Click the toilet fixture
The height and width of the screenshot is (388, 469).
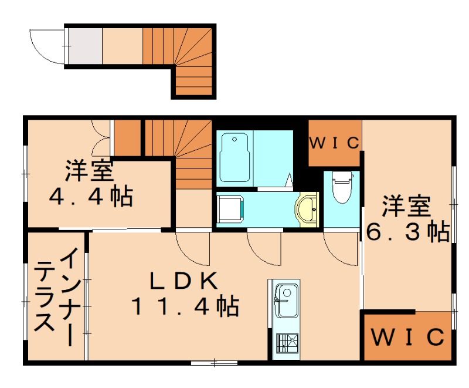tap(341, 187)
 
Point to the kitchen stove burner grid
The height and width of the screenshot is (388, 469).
tap(287, 343)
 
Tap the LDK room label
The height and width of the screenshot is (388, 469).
tap(183, 281)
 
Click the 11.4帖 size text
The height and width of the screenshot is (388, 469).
tap(185, 306)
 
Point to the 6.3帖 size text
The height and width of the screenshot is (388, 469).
tap(408, 231)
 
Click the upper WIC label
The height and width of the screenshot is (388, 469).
tap(334, 143)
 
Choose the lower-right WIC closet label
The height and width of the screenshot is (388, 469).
tap(408, 337)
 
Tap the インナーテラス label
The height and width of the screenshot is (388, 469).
tap(56, 296)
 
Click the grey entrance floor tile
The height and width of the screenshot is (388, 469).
tap(85, 46)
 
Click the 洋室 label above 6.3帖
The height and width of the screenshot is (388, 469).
tap(406, 206)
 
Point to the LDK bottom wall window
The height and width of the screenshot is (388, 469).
tap(214, 363)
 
